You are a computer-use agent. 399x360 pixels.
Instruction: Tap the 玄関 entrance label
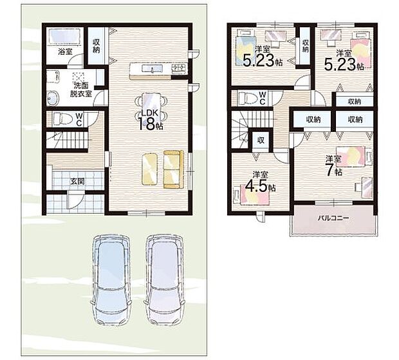[x=78, y=182]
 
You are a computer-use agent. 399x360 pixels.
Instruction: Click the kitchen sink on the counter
[x=152, y=68]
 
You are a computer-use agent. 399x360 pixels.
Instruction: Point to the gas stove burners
[x=180, y=68]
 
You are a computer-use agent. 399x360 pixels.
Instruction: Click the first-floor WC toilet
[x=62, y=118]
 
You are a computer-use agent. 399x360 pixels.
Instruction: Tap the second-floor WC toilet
[x=247, y=98]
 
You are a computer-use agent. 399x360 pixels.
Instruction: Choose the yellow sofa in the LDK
[x=173, y=169]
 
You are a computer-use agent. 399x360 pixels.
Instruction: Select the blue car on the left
[x=111, y=280]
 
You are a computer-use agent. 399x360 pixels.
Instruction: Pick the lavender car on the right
[x=165, y=280]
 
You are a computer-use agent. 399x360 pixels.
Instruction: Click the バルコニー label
[x=333, y=218]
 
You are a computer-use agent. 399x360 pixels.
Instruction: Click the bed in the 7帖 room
[x=354, y=156]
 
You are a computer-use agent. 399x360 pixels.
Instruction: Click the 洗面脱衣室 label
[x=81, y=90]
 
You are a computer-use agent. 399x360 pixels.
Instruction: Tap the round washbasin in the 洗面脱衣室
[x=53, y=98]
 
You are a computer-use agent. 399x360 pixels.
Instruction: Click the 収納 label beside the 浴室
[x=96, y=46]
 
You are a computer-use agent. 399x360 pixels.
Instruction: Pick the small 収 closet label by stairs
[x=261, y=140]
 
